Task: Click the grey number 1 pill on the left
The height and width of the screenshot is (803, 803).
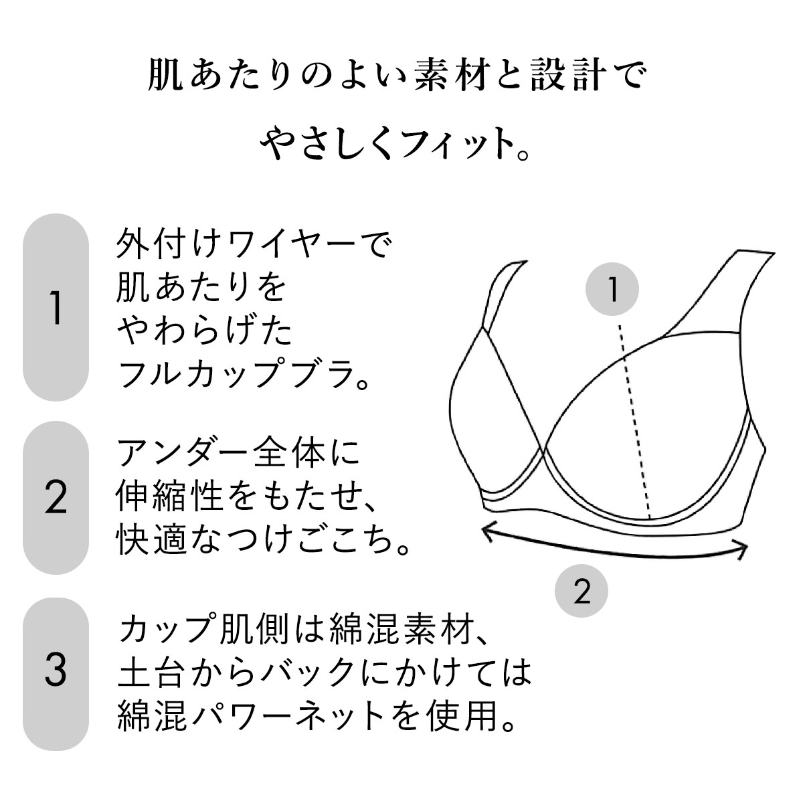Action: (56, 307)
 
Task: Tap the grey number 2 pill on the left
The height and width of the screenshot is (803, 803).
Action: (56, 498)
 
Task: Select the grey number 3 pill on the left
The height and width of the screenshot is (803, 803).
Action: (56, 674)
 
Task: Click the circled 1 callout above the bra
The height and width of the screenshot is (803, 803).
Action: (612, 289)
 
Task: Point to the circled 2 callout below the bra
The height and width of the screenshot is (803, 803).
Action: (582, 591)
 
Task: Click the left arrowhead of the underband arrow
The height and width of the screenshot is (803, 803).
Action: (488, 531)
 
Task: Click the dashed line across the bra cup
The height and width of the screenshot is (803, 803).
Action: (634, 421)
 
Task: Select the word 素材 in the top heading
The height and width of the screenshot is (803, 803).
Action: (451, 76)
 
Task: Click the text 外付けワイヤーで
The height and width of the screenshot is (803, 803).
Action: (254, 244)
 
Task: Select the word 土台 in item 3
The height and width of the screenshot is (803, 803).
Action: (151, 673)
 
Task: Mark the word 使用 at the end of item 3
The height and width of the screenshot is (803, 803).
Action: (462, 717)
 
